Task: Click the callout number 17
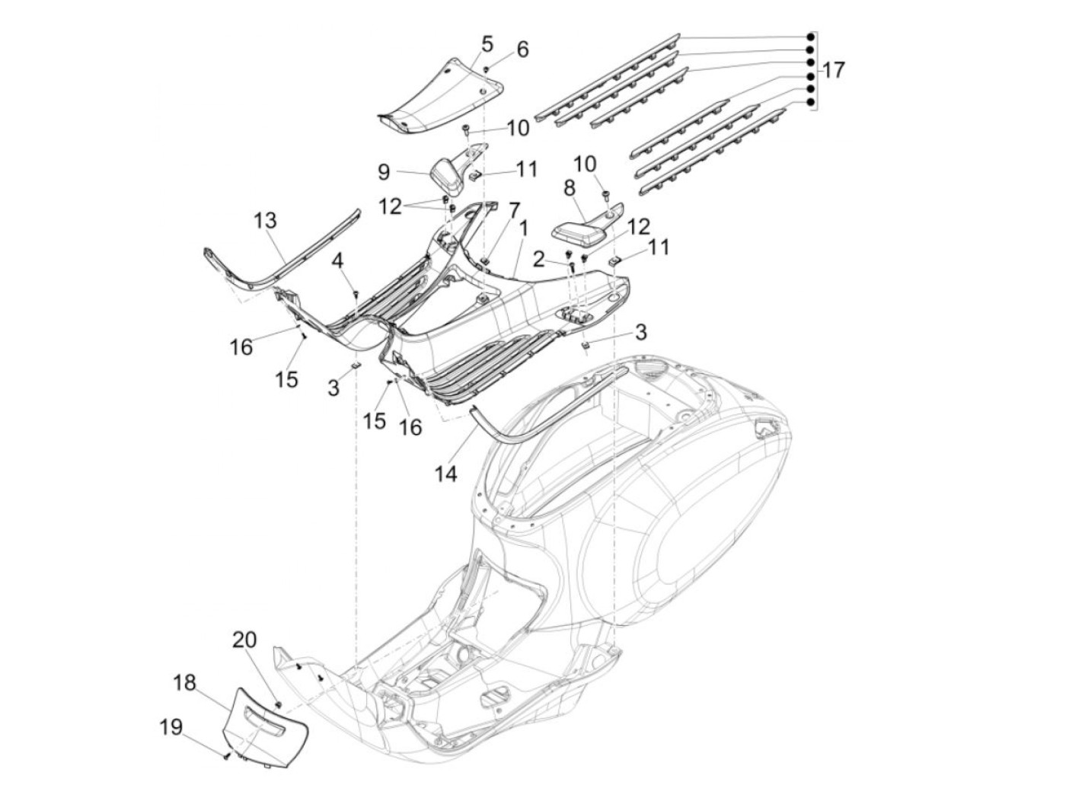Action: [x=833, y=71]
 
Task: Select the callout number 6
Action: [x=522, y=49]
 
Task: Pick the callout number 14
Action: [x=445, y=474]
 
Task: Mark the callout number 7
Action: [x=515, y=209]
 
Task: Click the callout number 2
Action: [x=538, y=260]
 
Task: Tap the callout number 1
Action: [x=523, y=227]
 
